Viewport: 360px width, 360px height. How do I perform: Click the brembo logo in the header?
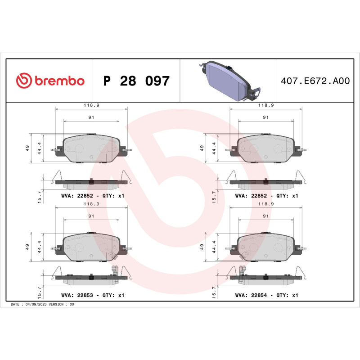click(x=50, y=81)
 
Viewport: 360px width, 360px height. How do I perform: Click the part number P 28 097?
click(x=136, y=81)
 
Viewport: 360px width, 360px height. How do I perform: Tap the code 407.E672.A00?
click(x=315, y=81)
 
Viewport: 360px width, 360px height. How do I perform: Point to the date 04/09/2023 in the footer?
click(x=36, y=305)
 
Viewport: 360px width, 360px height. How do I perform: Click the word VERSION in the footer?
click(x=57, y=305)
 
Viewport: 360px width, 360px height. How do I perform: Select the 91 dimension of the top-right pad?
click(x=265, y=117)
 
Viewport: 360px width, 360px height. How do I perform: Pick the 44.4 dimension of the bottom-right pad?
click(x=213, y=247)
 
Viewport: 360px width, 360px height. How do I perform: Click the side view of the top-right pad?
click(x=265, y=182)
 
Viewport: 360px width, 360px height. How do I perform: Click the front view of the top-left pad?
click(x=91, y=148)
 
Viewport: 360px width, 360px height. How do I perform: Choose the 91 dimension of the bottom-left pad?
click(x=91, y=216)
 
